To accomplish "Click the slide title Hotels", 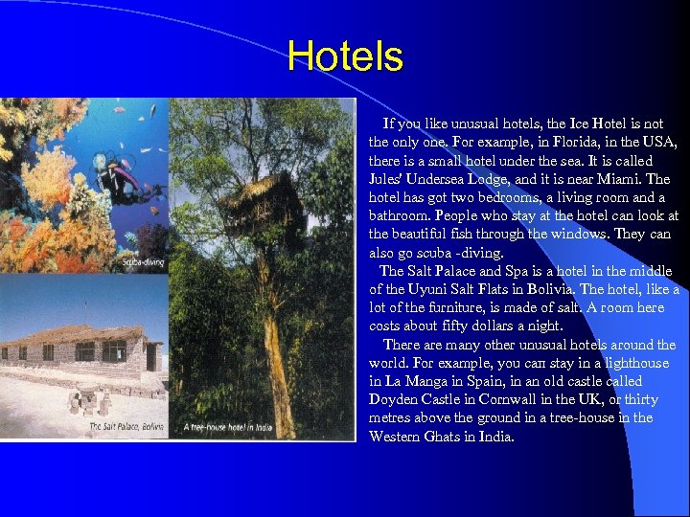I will point(345,56).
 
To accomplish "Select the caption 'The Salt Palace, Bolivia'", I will point(127,427).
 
